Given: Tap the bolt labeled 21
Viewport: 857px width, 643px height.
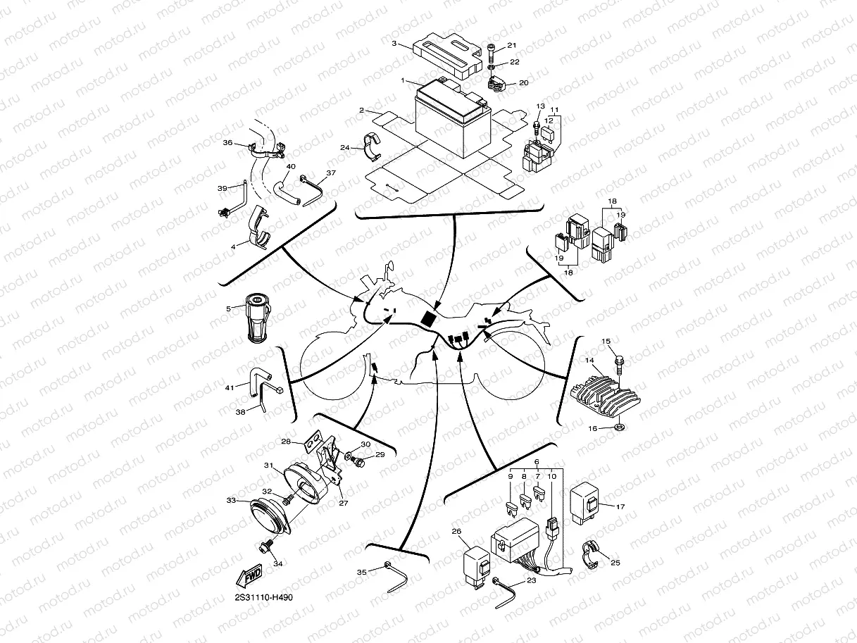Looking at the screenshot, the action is [492, 51].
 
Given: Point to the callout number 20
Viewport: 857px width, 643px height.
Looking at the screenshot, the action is [523, 82].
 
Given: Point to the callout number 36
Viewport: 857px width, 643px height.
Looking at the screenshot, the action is [227, 142].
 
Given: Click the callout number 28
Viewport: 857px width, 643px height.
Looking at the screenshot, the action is [287, 442].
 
